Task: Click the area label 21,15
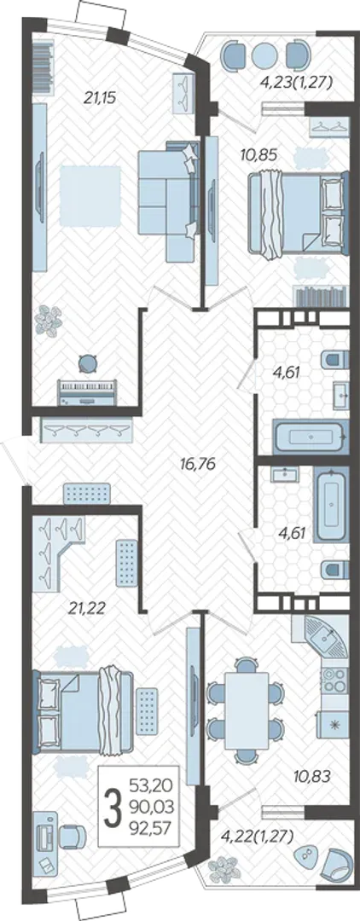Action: click(x=100, y=98)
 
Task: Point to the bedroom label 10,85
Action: click(x=258, y=155)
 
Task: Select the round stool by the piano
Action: click(x=88, y=364)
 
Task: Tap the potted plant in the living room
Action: click(x=48, y=321)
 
